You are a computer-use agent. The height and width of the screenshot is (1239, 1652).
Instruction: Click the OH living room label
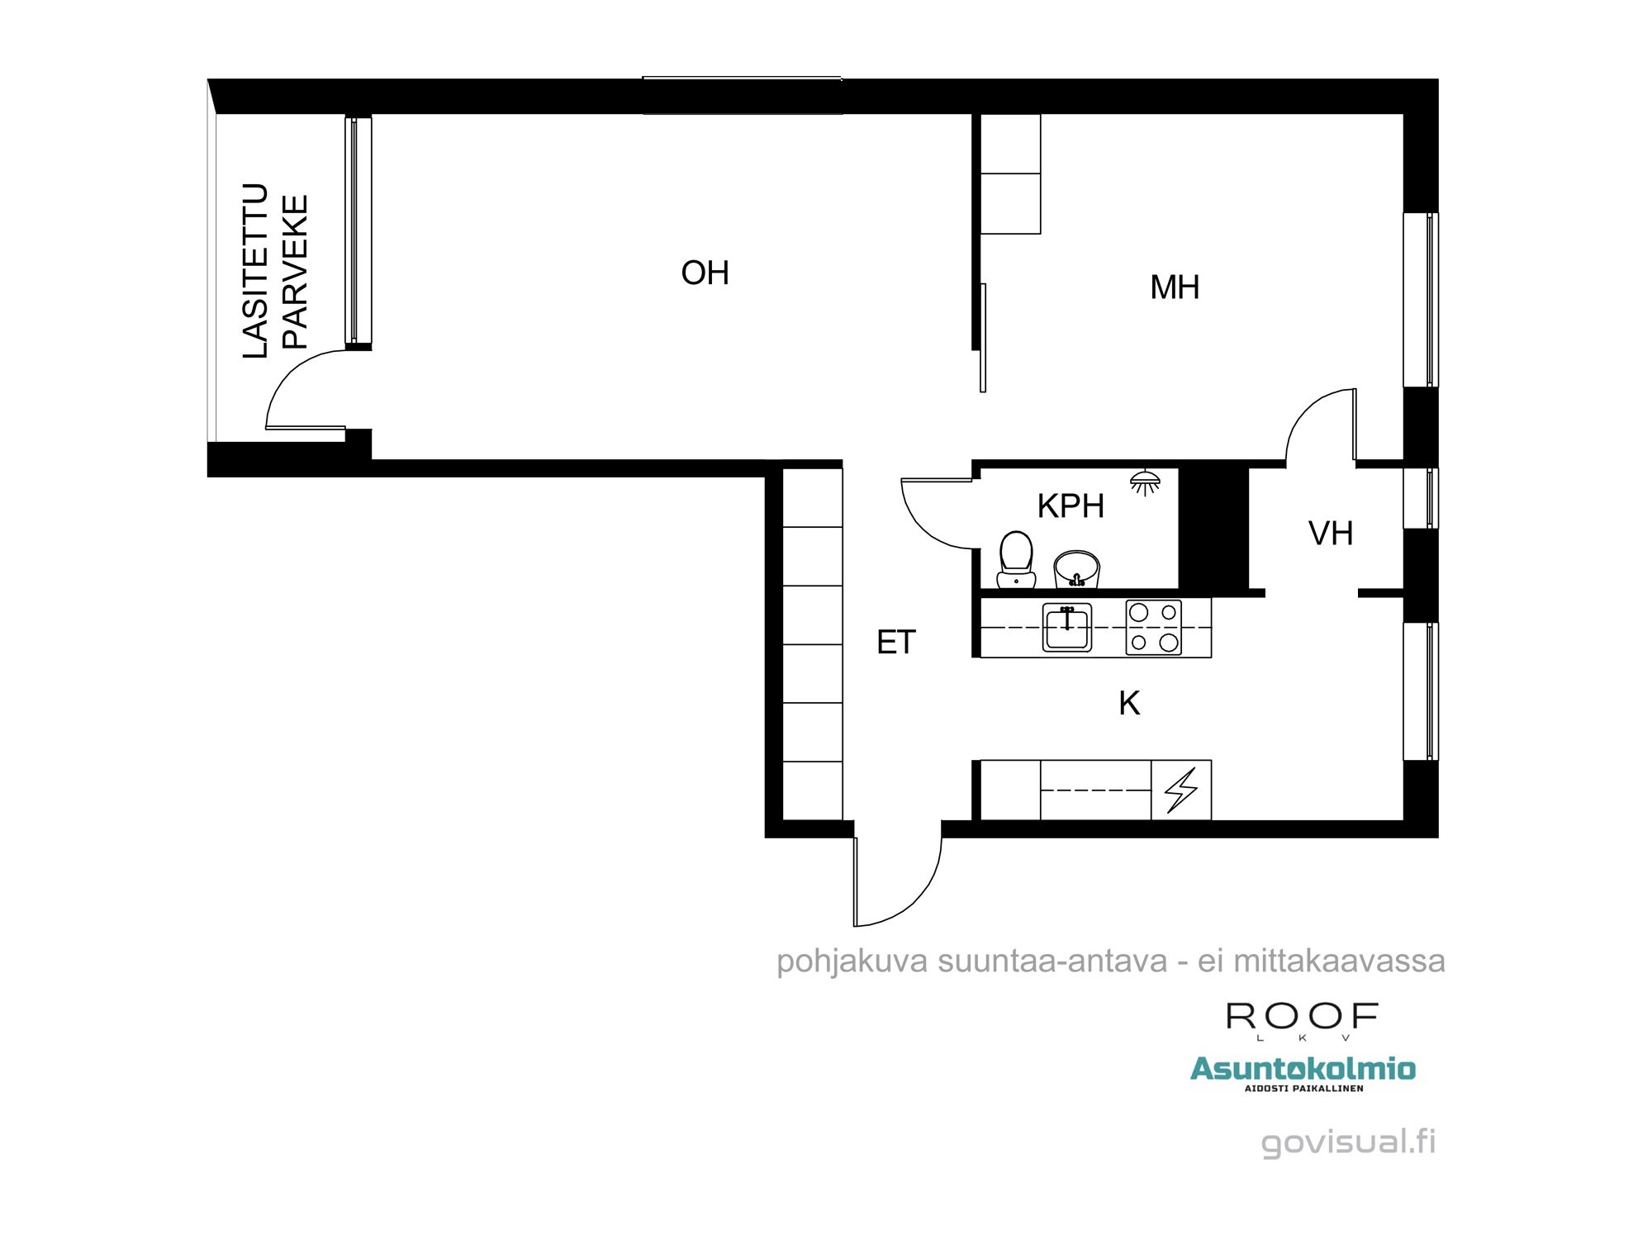click(x=705, y=273)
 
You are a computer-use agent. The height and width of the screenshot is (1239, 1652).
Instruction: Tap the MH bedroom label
click(x=1174, y=287)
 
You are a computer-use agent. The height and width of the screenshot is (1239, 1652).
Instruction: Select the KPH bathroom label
click(x=1070, y=506)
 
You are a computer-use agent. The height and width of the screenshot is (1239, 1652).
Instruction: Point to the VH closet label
click(x=1330, y=534)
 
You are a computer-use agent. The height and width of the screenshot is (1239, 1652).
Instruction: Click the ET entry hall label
click(x=895, y=643)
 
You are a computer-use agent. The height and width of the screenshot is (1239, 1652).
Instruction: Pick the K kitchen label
click(x=1128, y=704)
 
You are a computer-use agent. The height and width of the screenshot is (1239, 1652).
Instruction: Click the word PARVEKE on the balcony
click(x=295, y=273)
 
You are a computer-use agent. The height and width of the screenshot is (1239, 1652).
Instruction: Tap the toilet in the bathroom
click(x=1016, y=559)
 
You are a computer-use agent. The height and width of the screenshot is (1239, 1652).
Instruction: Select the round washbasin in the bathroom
click(x=1076, y=568)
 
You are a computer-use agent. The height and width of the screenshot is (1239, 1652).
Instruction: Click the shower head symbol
click(x=1145, y=482)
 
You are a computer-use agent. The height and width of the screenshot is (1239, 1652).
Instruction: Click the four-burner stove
click(x=1153, y=628)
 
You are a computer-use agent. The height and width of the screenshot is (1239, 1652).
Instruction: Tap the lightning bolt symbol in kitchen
click(x=1180, y=790)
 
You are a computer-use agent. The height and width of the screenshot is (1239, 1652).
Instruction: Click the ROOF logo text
click(x=1302, y=1017)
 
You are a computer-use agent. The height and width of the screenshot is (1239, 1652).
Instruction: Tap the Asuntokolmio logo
click(x=1302, y=1069)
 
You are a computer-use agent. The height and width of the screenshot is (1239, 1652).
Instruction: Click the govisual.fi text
click(x=1348, y=1142)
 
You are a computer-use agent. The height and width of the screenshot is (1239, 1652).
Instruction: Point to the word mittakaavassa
click(x=1339, y=961)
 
